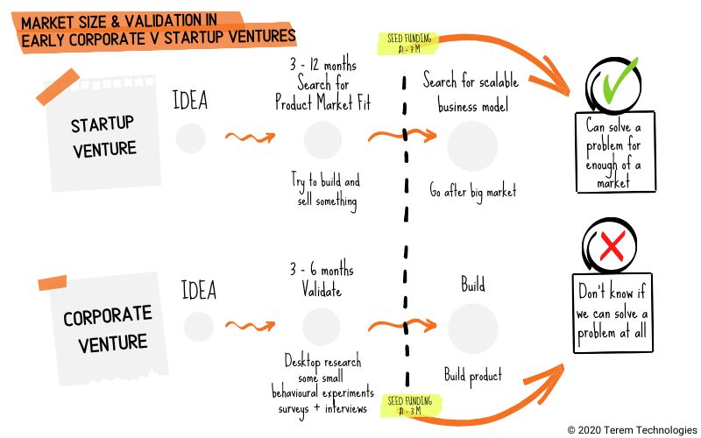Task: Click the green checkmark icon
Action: click(x=619, y=84)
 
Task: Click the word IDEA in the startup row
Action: click(x=190, y=100)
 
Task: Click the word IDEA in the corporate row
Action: click(x=198, y=289)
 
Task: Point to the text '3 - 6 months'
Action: click(x=321, y=269)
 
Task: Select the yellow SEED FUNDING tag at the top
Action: click(x=409, y=42)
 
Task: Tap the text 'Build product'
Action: click(x=472, y=376)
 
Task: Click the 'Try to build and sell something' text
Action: click(x=325, y=190)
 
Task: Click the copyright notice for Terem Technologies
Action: click(x=631, y=429)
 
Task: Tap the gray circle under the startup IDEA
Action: click(x=190, y=138)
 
